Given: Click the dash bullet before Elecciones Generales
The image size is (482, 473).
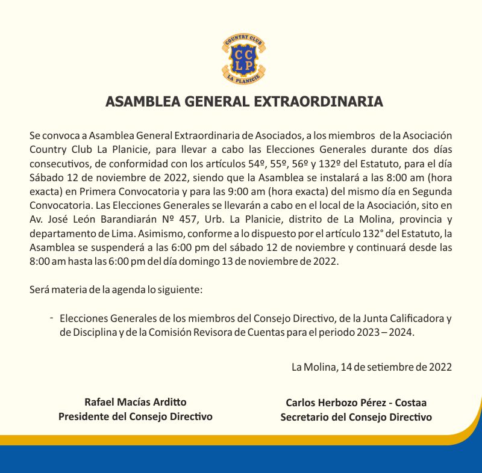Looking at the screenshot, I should [x=52, y=317].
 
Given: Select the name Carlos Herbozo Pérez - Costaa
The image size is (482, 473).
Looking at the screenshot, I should [x=356, y=403].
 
